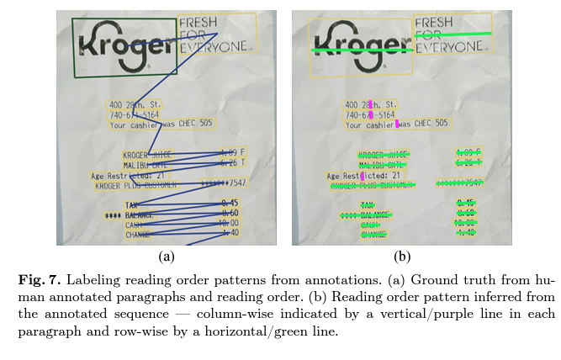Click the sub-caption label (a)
click(x=166, y=257)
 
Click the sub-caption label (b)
click(x=401, y=257)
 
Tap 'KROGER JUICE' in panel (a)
click(x=146, y=155)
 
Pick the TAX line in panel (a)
click(x=131, y=204)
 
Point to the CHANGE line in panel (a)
click(x=137, y=235)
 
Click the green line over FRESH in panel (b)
click(x=453, y=34)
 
